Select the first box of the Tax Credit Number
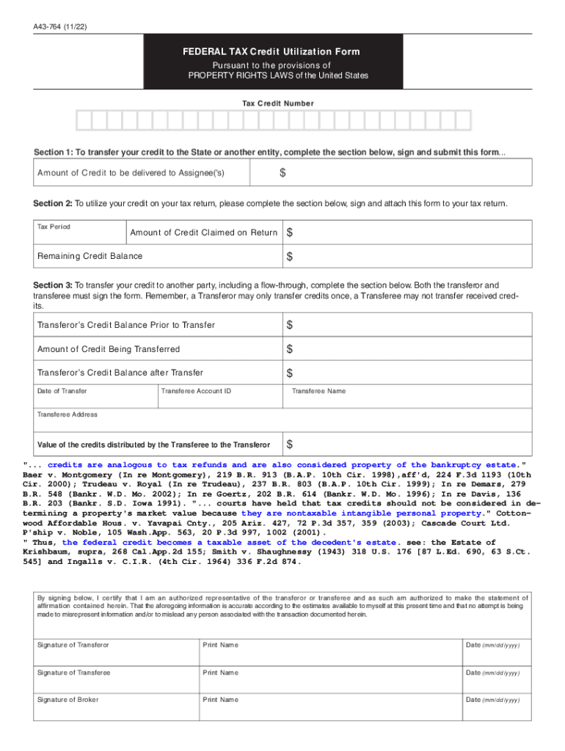tap(84, 121)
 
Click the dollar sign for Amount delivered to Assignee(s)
tap(282, 173)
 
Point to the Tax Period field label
tap(54, 227)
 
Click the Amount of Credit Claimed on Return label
tap(203, 232)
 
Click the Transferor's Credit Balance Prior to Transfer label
tap(125, 325)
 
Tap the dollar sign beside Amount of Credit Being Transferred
tap(290, 349)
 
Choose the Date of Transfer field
tap(95, 400)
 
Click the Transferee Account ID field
tap(220, 400)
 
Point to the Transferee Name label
tap(318, 391)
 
